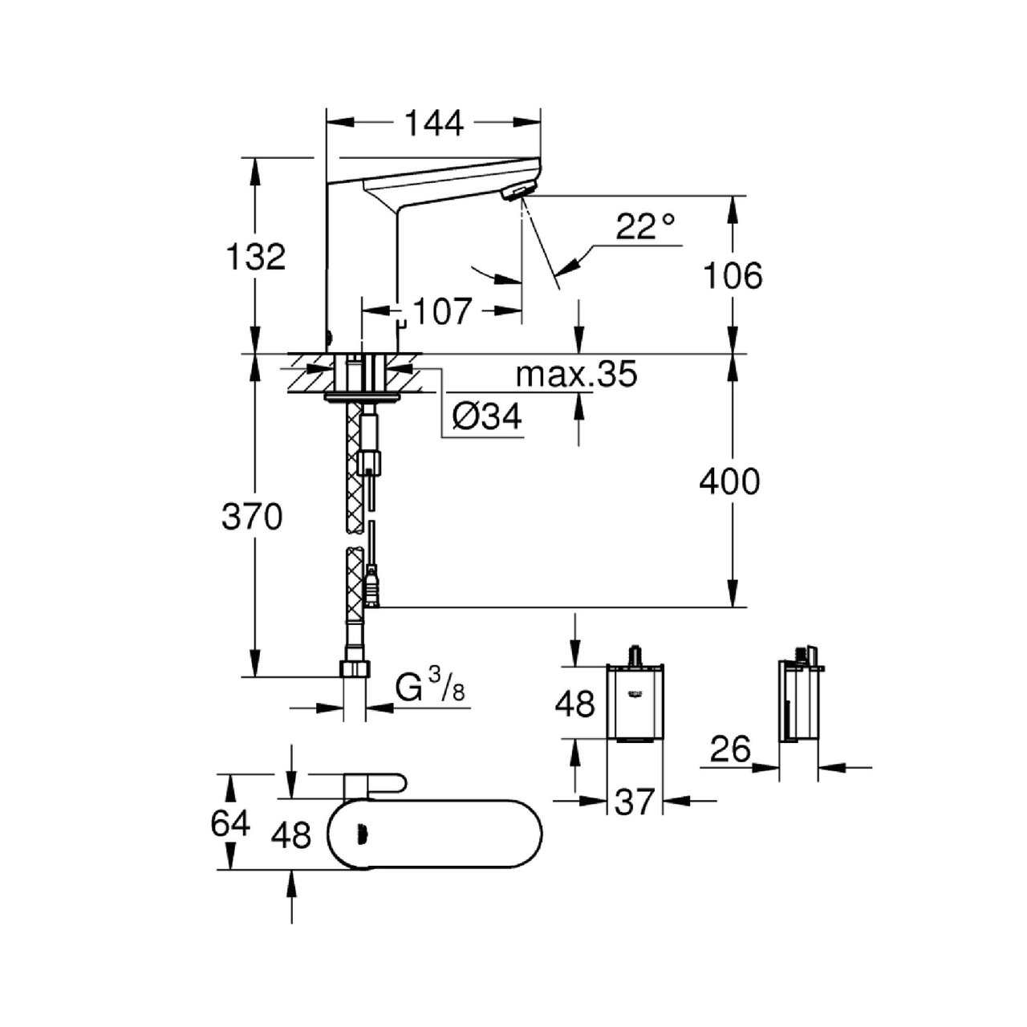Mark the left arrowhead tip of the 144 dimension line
[327, 122]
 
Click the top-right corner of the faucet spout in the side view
[540, 157]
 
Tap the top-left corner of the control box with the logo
[607, 665]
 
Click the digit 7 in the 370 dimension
[252, 517]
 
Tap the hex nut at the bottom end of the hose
[354, 668]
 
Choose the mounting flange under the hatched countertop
[362, 396]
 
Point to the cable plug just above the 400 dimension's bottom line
[371, 590]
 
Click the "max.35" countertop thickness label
[577, 375]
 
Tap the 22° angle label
[646, 227]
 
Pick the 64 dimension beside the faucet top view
[230, 824]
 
